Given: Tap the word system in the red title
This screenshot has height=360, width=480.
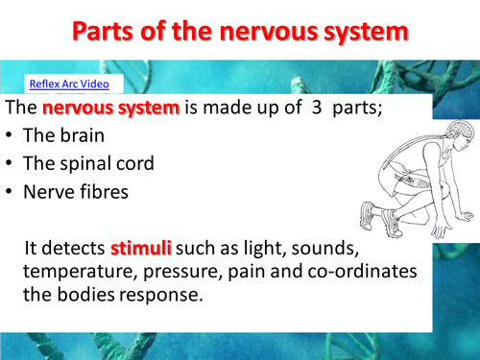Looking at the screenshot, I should (x=357, y=32).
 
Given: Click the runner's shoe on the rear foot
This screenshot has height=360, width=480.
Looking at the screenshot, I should (x=371, y=213).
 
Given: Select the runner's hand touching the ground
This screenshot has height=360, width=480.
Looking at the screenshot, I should (x=458, y=220).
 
